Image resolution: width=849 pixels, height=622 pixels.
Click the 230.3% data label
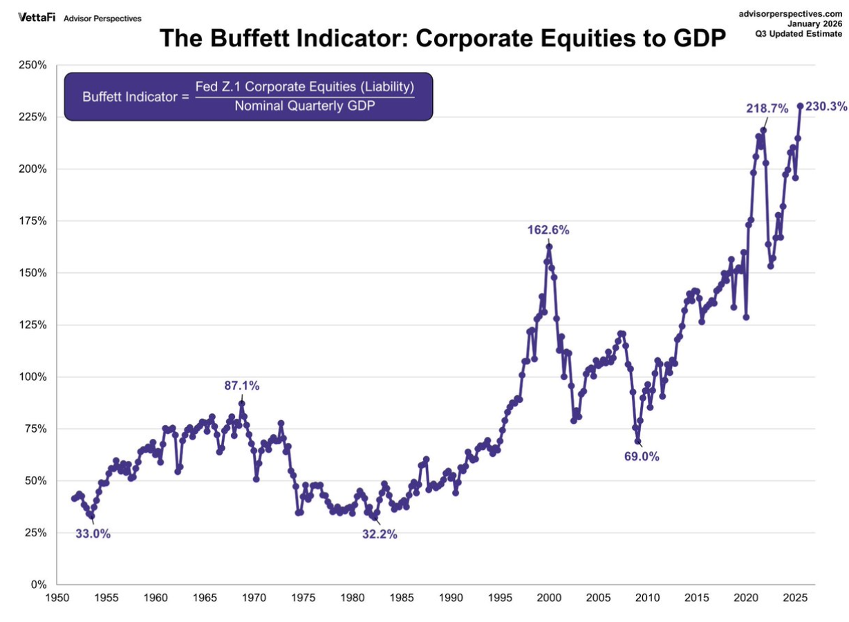tap(826, 106)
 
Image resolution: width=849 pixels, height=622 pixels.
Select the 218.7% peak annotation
tap(767, 109)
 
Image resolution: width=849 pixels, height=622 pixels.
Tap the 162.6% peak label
tap(549, 230)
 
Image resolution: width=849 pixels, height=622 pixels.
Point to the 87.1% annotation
tap(242, 386)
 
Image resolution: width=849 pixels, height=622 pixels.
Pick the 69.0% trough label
tap(642, 456)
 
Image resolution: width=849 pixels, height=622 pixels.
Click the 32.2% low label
tap(380, 534)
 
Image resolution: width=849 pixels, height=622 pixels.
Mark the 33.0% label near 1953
tap(93, 534)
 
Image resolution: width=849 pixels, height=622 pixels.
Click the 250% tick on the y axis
tap(32, 66)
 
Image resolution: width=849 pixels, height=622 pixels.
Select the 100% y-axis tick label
tap(32, 377)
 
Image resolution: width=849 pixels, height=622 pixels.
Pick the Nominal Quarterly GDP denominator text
tap(304, 106)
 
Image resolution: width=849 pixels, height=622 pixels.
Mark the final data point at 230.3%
tap(800, 106)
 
